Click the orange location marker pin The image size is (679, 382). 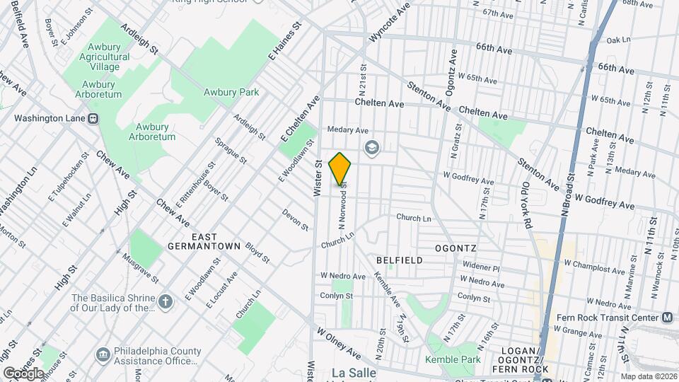tap(340, 168)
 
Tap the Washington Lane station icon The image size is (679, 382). tap(93, 119)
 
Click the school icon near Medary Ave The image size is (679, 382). tap(371, 148)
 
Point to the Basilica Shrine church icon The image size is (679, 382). tap(166, 302)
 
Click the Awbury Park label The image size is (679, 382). tap(231, 92)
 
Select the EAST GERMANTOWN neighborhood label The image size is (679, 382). tap(202, 241)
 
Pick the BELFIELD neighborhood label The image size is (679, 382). tap(400, 260)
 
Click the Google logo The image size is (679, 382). tap(23, 373)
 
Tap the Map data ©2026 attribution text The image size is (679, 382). tap(648, 376)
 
